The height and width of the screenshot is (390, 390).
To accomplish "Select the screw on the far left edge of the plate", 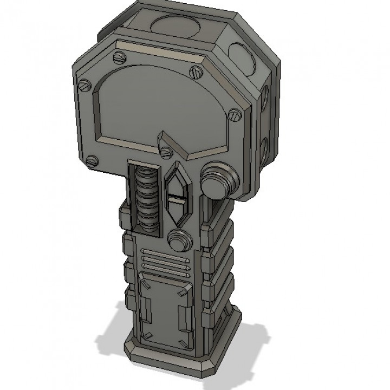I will pos(84,84).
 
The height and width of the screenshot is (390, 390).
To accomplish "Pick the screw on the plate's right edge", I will pos(234,114).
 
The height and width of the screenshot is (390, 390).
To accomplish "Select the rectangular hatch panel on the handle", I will pos(166,309).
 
